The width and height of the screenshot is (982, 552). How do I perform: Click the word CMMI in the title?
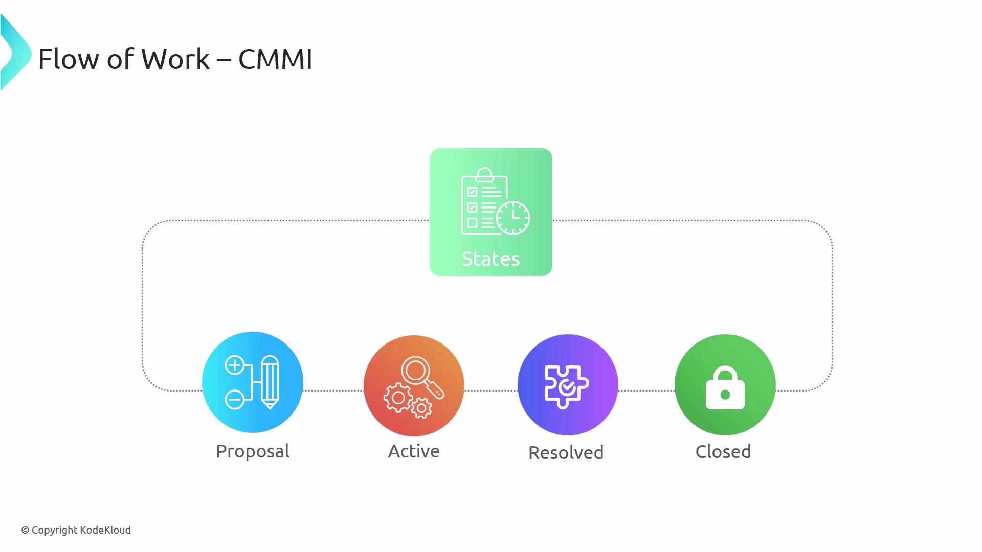[275, 59]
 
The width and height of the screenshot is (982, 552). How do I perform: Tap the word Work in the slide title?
[175, 59]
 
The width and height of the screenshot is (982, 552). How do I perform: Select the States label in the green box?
[490, 259]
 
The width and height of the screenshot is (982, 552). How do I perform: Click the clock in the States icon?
[513, 218]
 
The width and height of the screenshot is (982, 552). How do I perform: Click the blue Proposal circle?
[253, 382]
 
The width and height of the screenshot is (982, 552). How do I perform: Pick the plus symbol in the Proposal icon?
[235, 365]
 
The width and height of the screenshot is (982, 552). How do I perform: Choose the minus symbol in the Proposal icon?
[235, 399]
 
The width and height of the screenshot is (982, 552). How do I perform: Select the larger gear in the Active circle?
[398, 398]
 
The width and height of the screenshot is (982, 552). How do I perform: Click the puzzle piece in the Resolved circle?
[567, 386]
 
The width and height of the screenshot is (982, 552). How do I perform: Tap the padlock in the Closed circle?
[725, 388]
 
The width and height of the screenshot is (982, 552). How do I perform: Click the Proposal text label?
[253, 452]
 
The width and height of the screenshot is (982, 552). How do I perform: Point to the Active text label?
[414, 451]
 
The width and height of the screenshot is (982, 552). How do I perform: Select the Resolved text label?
[566, 453]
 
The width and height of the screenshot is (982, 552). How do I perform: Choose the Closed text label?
[723, 452]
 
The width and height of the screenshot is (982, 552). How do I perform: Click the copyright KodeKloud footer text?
[76, 531]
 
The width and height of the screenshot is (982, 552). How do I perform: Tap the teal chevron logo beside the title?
[15, 53]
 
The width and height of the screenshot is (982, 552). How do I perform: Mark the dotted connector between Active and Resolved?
[491, 390]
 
